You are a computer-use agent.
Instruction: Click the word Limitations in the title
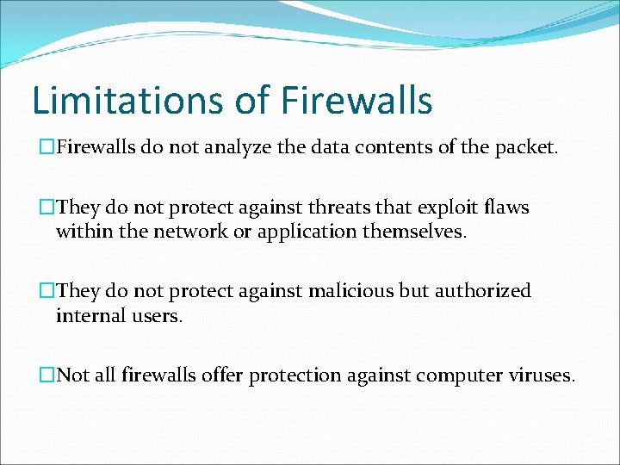point(128,101)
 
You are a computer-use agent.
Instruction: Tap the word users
point(156,315)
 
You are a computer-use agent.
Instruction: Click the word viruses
point(543,375)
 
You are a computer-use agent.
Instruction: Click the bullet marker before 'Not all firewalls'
point(47,375)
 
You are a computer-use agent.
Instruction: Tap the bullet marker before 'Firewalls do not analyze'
point(47,147)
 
